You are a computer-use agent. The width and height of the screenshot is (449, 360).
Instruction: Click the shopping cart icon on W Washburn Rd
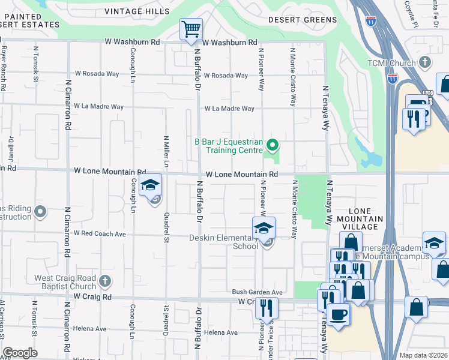tap(191, 29)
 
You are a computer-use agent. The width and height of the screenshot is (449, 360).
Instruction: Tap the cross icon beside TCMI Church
tap(425, 62)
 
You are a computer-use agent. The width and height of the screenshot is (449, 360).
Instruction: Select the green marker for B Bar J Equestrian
tap(272, 145)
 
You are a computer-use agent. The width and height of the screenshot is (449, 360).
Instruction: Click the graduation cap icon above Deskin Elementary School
tap(263, 229)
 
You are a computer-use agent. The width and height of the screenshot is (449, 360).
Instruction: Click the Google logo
tap(20, 353)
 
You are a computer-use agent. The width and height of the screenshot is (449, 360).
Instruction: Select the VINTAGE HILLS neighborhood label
tap(132, 11)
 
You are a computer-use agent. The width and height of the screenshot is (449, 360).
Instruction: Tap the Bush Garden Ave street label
tap(257, 292)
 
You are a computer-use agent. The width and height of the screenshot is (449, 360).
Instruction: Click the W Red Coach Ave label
tap(100, 233)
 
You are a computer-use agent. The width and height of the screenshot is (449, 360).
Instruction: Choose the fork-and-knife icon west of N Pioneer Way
tap(266, 308)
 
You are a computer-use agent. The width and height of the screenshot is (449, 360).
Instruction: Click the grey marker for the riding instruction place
tap(40, 211)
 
